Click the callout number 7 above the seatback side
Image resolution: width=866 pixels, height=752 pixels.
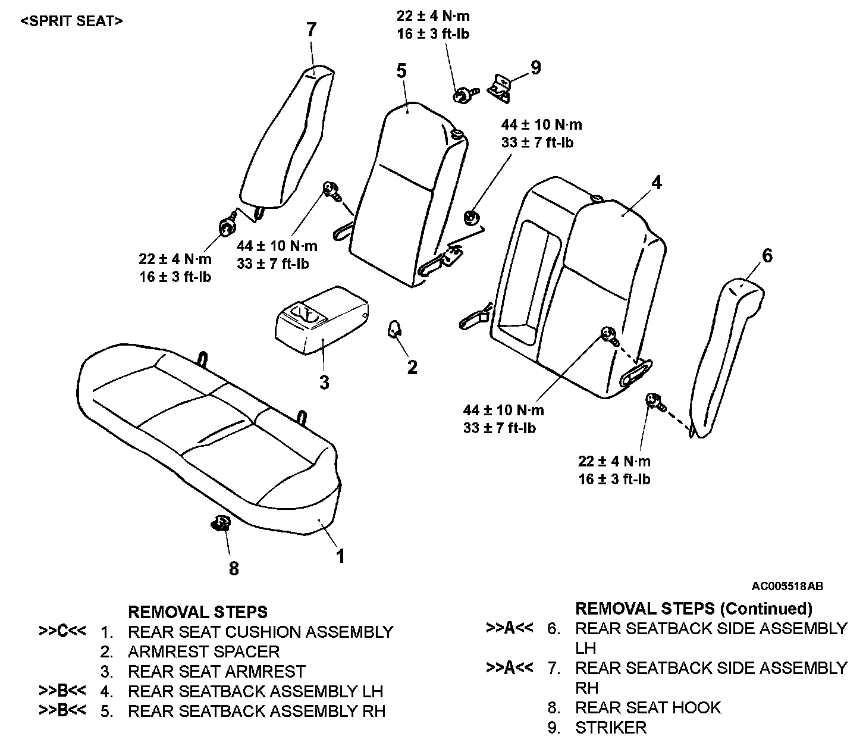point(312,30)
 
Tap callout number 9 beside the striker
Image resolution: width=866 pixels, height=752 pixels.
point(536,68)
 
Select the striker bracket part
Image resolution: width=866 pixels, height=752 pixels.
point(500,84)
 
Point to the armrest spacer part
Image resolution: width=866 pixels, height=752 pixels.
point(394,328)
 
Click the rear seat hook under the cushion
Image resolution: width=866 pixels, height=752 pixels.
point(221,524)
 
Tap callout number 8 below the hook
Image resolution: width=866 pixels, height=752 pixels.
point(234,569)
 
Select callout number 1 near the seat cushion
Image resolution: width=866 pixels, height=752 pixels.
point(340,556)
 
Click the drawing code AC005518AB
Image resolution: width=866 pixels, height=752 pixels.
point(787,586)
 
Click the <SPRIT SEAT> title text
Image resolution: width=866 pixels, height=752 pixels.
point(71,21)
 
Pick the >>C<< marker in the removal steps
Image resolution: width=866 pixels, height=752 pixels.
point(62,631)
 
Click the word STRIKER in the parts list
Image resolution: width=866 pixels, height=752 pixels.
point(610,728)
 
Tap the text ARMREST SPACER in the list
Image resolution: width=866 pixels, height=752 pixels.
point(203,651)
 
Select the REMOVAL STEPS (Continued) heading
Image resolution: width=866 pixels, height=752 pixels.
point(694,609)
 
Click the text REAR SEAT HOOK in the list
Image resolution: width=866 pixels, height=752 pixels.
point(648,707)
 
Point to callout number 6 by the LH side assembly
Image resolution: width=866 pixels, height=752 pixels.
point(767,256)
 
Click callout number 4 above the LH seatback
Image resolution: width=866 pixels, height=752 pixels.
point(656,183)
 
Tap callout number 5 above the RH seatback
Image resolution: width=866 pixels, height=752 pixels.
point(401,71)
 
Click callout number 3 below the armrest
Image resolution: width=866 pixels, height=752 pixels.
point(324,382)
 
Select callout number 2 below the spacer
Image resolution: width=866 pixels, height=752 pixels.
point(412,368)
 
